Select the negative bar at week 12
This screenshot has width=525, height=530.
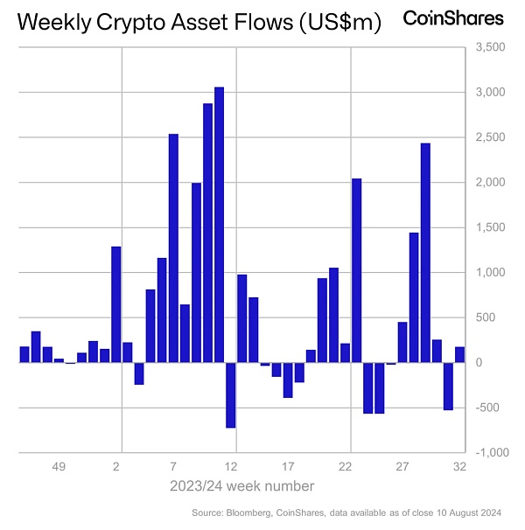coord(231,394)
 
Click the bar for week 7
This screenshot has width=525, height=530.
coord(173,248)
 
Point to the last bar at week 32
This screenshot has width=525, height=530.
coord(459,354)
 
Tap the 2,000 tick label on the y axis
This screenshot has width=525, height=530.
coord(490,183)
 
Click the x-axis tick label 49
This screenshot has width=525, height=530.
coord(59,467)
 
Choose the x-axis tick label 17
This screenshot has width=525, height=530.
coord(289,467)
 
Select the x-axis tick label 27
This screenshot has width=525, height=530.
coord(402,467)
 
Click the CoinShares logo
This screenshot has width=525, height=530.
coord(453,18)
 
